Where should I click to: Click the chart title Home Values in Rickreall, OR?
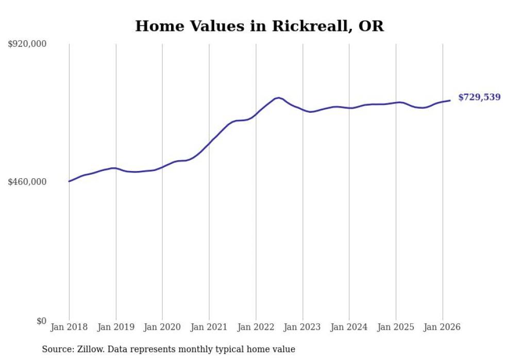[x=259, y=26]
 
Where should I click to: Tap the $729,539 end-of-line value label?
[x=479, y=97]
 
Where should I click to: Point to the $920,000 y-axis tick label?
[x=27, y=44]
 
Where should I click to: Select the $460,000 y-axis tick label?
[x=27, y=182]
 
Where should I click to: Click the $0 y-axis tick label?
[x=41, y=321]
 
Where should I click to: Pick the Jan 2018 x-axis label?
[x=69, y=327]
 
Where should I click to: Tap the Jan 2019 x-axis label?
[x=115, y=327]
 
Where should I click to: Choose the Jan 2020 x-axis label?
[x=162, y=327]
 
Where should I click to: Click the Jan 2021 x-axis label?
[x=209, y=327]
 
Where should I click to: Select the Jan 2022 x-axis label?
[x=256, y=327]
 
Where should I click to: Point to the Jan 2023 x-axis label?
[x=302, y=327]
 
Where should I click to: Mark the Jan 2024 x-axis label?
[x=349, y=327]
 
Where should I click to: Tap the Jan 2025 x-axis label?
[x=396, y=327]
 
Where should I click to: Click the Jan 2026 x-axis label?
[x=442, y=327]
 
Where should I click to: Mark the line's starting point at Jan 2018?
[x=69, y=181]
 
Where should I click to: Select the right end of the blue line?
[x=450, y=100]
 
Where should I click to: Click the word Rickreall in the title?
[x=310, y=26]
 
